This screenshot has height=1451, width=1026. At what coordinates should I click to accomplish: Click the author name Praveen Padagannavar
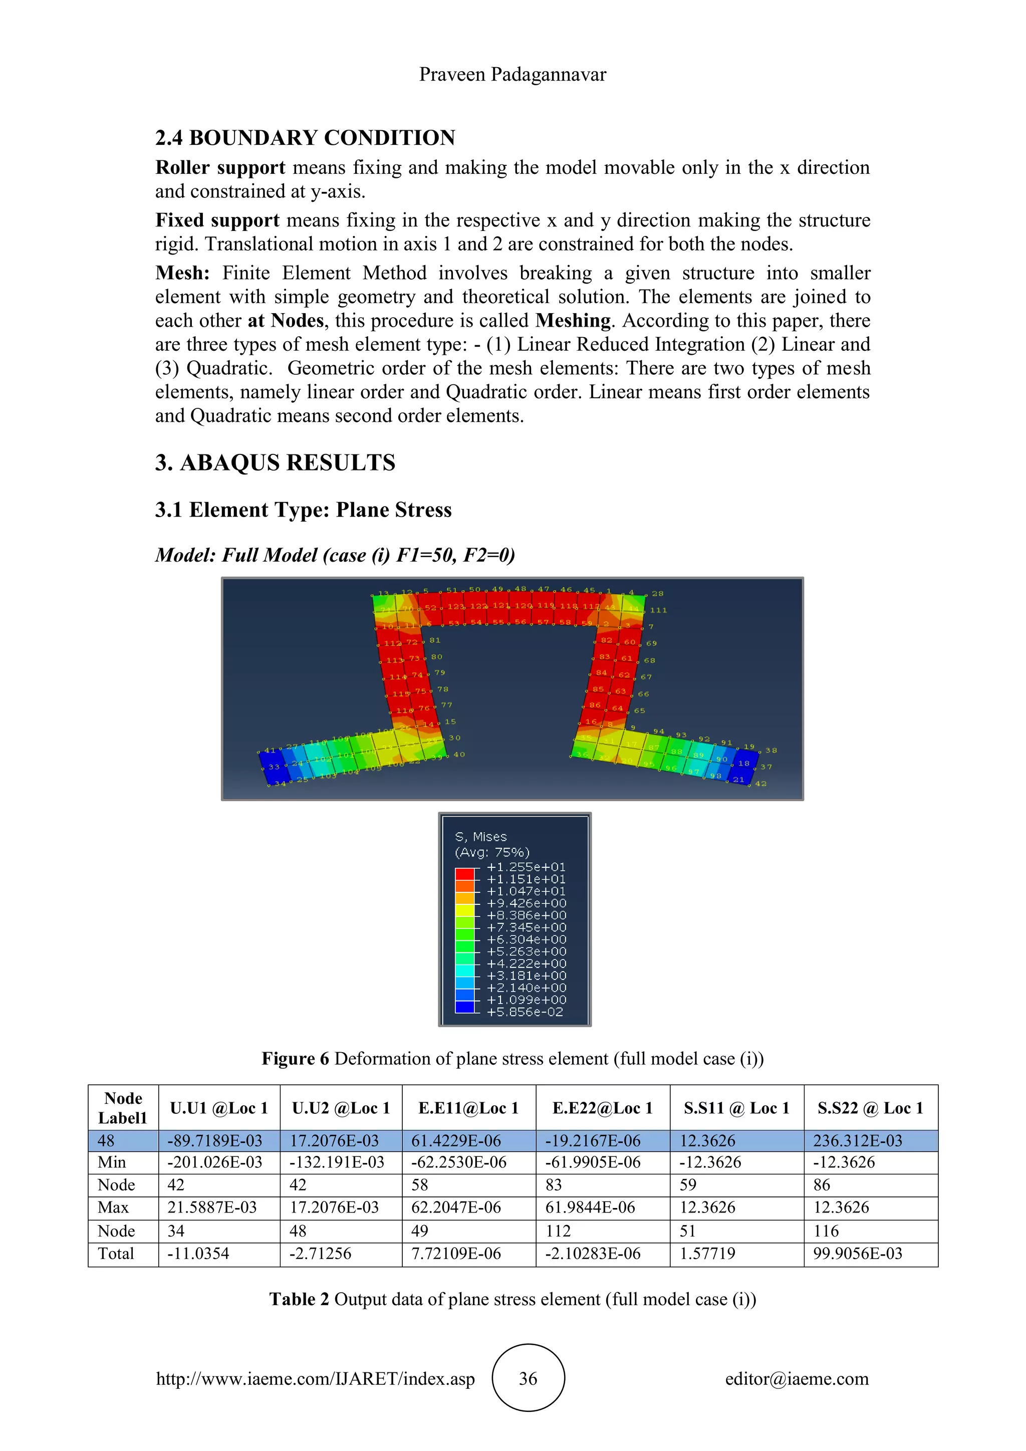click(x=512, y=75)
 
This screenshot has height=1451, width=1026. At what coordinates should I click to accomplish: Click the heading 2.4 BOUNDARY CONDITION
click(x=305, y=138)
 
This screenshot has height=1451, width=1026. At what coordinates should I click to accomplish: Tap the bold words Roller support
click(x=220, y=167)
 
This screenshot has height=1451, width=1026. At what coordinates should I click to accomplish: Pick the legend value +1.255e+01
click(x=526, y=867)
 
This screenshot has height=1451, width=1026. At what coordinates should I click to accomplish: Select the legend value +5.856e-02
click(x=525, y=1012)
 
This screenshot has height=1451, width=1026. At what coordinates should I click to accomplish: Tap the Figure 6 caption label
click(x=295, y=1059)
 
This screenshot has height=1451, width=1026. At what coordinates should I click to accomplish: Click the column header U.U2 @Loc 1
click(x=341, y=1108)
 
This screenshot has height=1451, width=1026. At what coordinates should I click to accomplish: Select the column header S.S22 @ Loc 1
click(x=870, y=1108)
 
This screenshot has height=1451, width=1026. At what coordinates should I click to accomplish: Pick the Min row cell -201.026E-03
click(x=215, y=1163)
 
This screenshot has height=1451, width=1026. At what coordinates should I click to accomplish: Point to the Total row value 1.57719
click(x=707, y=1254)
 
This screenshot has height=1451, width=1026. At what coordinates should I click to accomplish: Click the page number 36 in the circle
click(x=528, y=1378)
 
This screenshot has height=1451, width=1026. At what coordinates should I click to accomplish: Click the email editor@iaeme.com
click(x=797, y=1379)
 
